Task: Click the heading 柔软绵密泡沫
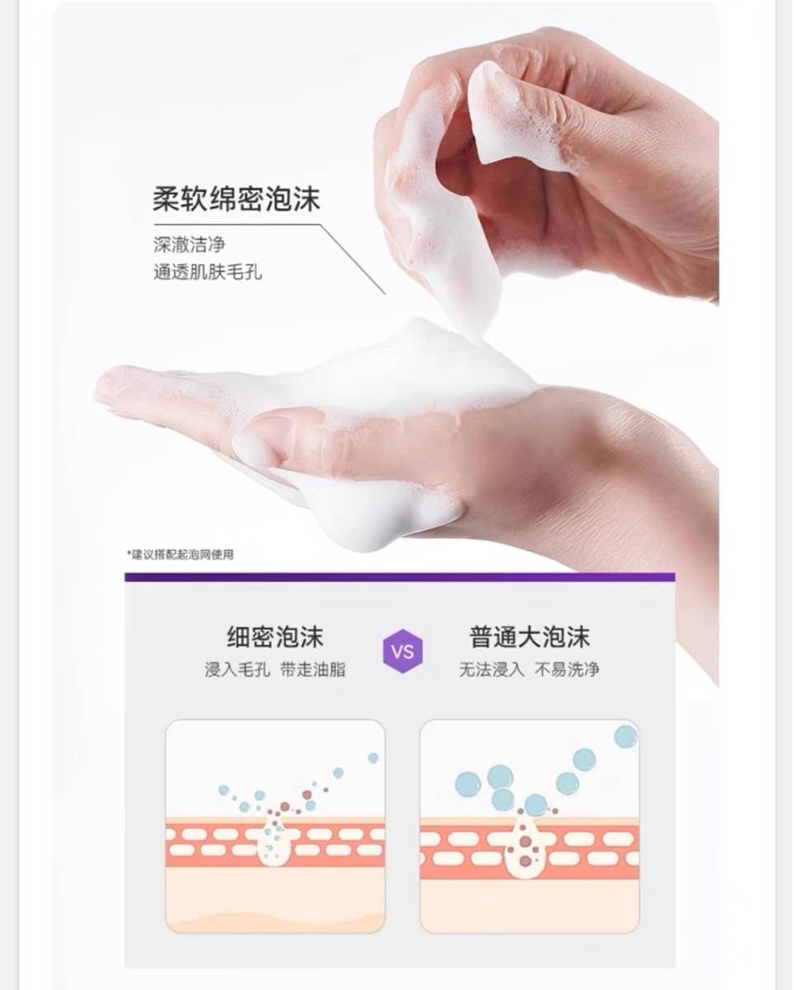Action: coord(236,199)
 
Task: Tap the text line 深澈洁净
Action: coord(190,244)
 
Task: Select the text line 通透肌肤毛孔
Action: coord(208,272)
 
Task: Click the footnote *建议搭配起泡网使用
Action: coord(181,554)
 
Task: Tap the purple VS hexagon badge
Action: coord(403,651)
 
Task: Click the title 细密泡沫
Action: coord(275,637)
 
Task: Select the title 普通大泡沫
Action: coord(530,637)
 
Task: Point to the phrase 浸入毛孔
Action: coord(237,670)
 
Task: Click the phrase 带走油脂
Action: coord(313,670)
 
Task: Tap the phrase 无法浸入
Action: coord(492,669)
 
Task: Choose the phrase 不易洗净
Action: coord(567,669)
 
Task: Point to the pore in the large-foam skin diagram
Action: coord(525,847)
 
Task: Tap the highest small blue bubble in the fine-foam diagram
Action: coord(373,757)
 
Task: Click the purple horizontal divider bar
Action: coord(400,577)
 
